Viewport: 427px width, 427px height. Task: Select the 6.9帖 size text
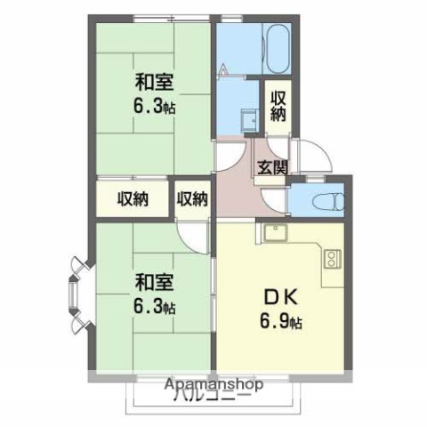coord(279,321)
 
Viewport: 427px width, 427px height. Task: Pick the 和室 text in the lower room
coord(154,283)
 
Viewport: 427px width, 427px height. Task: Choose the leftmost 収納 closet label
coord(132,199)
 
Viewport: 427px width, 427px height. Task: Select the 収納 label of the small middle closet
coord(191,199)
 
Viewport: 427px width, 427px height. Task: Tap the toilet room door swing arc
coord(303,181)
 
